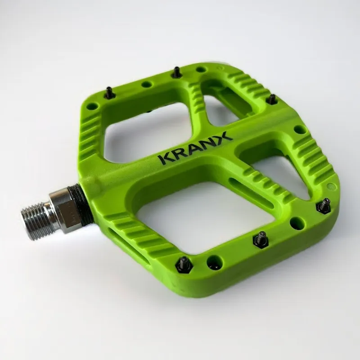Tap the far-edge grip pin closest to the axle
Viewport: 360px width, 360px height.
coord(109,93)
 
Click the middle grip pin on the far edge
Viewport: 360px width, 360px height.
coord(177,72)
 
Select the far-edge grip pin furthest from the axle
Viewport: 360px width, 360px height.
coord(271,99)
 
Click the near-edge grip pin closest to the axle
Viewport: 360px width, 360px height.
coord(184,265)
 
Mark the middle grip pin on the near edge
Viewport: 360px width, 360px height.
coord(261,239)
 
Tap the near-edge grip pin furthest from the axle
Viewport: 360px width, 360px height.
coord(324,206)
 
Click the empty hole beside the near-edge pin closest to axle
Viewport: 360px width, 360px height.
coord(213,262)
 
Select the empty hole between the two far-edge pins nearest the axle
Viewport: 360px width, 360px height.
coord(146,84)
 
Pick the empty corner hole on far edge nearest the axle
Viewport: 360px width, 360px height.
coord(92,107)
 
